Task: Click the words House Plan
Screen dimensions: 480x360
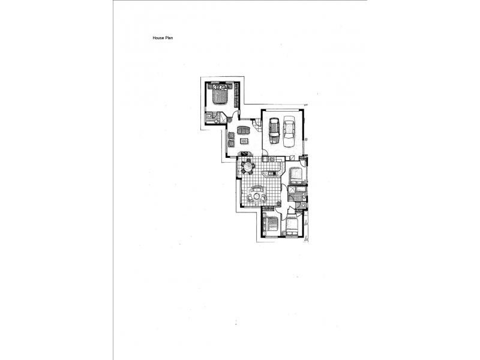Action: point(163,38)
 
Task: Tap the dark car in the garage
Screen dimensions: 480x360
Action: point(274,130)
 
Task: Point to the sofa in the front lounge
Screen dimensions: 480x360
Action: point(243,130)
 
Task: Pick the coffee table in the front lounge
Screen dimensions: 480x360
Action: point(244,141)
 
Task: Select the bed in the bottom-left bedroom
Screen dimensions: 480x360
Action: point(269,225)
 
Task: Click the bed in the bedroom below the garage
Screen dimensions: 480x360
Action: point(296,176)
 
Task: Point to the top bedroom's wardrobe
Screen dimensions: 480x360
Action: point(236,94)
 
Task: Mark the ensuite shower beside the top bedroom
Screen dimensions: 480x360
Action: point(211,118)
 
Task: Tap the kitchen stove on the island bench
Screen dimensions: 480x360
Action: point(271,173)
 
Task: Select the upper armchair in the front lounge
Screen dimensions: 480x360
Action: point(232,134)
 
